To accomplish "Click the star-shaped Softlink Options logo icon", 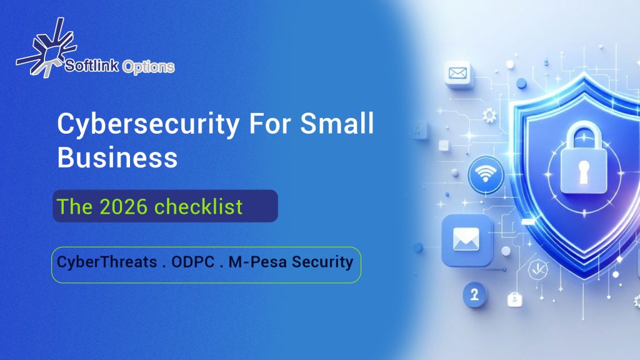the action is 46,47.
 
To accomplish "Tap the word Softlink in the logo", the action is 92,65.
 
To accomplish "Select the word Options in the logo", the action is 148,67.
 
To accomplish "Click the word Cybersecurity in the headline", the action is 148,124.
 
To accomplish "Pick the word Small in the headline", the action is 337,123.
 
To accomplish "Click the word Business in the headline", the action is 117,157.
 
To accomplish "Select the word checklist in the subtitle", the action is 199,206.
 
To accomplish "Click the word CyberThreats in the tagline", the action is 107,262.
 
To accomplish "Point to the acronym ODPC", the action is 192,262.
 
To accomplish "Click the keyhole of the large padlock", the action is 584,171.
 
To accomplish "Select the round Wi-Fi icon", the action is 485,175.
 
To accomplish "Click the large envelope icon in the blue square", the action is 466,240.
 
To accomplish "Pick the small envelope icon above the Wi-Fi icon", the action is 457,74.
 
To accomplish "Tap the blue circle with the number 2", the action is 474,294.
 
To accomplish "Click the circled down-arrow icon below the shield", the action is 538,269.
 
